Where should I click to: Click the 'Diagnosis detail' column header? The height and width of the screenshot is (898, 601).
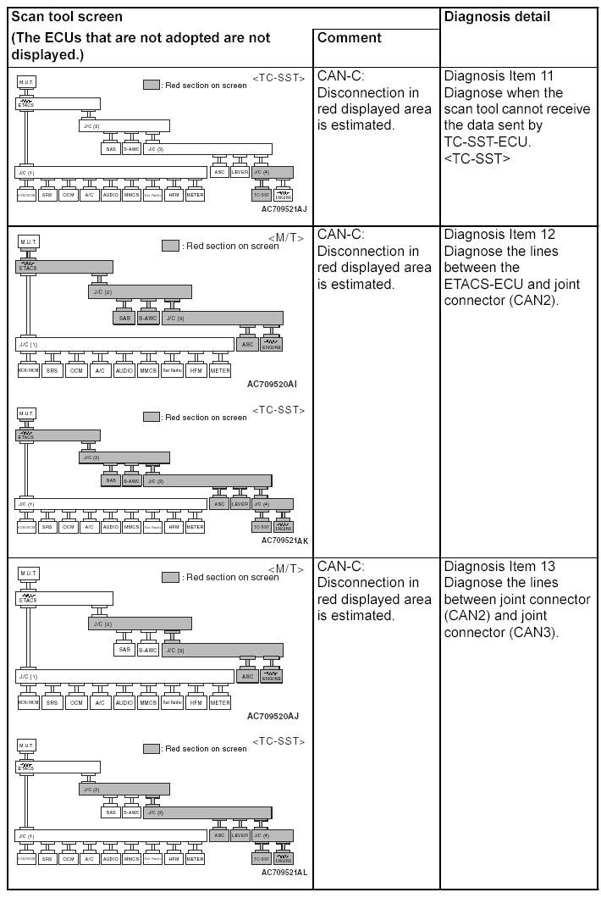496,16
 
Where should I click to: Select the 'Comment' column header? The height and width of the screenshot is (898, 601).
349,37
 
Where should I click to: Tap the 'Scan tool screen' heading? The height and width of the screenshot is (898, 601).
66,16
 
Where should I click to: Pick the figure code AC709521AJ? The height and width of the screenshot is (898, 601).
284,208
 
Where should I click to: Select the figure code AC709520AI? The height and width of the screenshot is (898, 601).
273,384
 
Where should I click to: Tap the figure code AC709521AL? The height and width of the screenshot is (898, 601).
284,872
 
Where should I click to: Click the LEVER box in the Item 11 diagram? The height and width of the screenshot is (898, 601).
240,172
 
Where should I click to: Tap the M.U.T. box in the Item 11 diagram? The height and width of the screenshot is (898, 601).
26,82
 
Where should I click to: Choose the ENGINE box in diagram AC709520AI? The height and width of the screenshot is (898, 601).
272,345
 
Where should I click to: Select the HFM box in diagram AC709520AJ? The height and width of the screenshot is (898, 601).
196,702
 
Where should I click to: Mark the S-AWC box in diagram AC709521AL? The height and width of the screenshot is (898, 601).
131,812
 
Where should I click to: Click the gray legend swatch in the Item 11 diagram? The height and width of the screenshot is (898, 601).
152,85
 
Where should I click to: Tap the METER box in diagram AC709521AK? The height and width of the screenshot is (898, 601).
195,526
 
